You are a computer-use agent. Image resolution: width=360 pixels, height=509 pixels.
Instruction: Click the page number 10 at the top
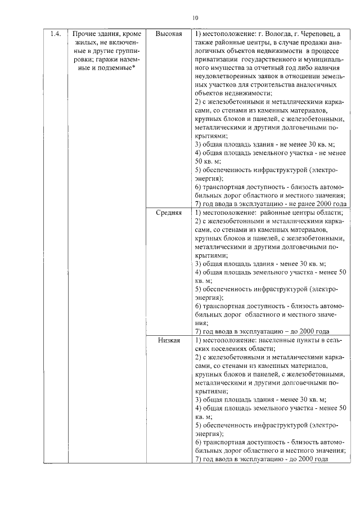(x=195, y=17)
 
